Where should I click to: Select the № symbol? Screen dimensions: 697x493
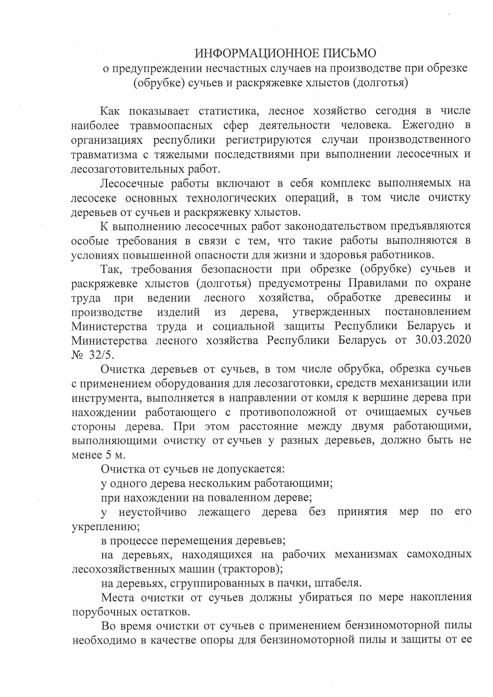point(78,355)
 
